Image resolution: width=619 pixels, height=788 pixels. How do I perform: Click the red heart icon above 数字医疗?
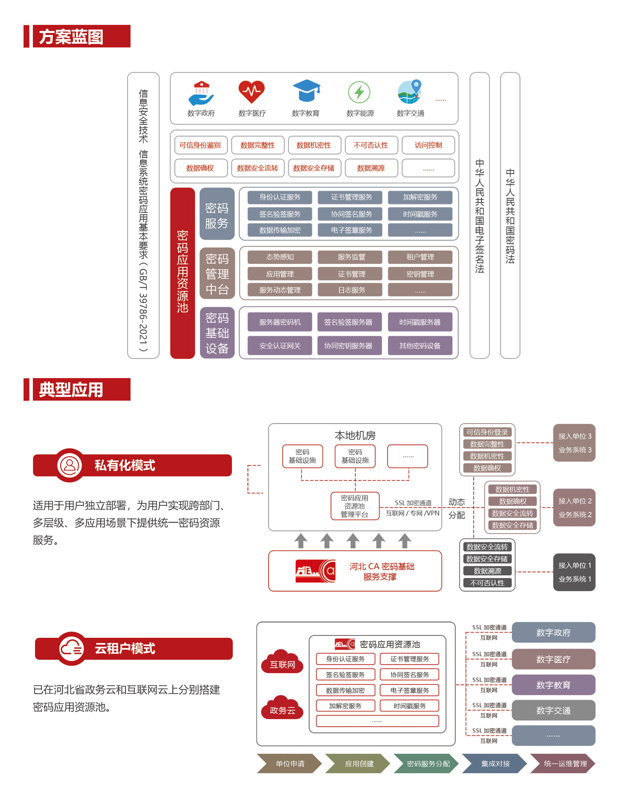coord(251,92)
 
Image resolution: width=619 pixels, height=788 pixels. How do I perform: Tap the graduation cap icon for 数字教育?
coord(306,91)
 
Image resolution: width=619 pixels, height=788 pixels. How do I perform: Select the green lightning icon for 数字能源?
coord(359,92)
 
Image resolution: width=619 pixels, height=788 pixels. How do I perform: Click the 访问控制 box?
coord(428,145)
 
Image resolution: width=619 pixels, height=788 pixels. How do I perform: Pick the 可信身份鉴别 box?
coord(201,145)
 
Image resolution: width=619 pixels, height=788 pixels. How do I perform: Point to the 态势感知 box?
coord(280,257)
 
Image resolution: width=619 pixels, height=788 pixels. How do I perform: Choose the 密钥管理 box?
coord(420,274)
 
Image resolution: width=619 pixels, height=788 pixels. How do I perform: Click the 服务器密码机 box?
coord(280,322)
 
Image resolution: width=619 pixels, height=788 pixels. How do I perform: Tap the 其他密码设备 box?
coord(420,346)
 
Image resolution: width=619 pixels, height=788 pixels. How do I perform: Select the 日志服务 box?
coord(352,290)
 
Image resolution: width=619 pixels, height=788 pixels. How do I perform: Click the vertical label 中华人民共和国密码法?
coord(510,215)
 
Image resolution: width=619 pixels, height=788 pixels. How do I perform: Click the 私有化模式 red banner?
coord(132,465)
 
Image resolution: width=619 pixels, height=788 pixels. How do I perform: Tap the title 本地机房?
coord(355,435)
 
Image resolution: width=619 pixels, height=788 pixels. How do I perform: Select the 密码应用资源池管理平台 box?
coord(355,506)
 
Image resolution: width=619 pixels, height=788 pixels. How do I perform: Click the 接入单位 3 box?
coord(574,443)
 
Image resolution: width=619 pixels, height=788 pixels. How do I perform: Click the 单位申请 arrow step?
coord(290,764)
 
